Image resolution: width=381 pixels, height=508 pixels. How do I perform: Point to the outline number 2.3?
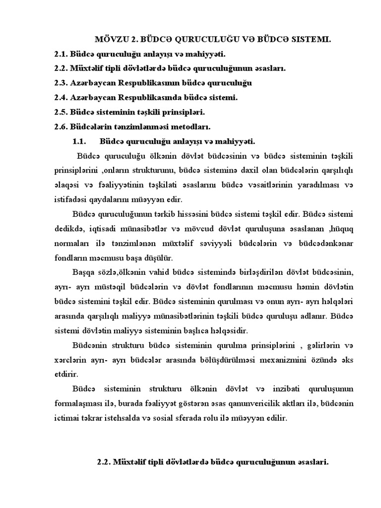coord(61,83)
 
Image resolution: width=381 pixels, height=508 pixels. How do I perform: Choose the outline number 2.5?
coord(61,112)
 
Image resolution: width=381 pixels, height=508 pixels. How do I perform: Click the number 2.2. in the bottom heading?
coord(104,462)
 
